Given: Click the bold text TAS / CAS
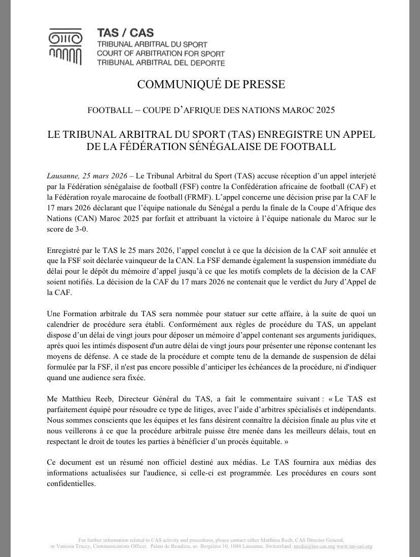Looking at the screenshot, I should click(x=118, y=33).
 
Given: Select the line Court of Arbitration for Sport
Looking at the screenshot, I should click(x=160, y=54).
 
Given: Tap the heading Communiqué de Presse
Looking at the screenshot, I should click(x=210, y=84).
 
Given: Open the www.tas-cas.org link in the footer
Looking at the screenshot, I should click(x=354, y=546).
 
